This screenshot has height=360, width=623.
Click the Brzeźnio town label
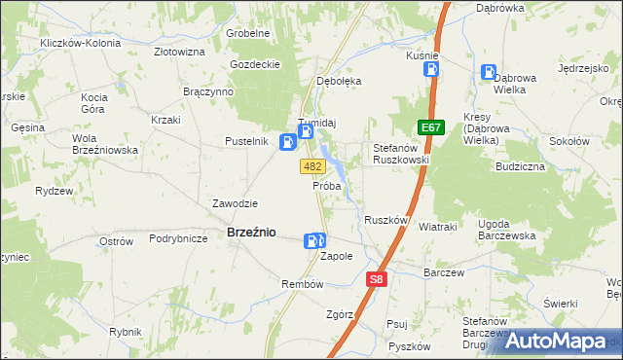coord(250,234)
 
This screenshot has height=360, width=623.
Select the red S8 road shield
coord(378,279)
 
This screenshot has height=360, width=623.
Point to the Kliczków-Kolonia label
coord(80,44)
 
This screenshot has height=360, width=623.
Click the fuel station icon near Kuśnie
coord(431,69)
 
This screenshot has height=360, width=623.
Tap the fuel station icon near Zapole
coord(313,241)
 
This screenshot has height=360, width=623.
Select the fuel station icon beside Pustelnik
coord(288,143)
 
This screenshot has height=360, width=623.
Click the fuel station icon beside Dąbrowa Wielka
coord(488,71)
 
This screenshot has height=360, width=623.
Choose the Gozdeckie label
coord(255,64)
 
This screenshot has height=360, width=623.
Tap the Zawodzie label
coord(235,203)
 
